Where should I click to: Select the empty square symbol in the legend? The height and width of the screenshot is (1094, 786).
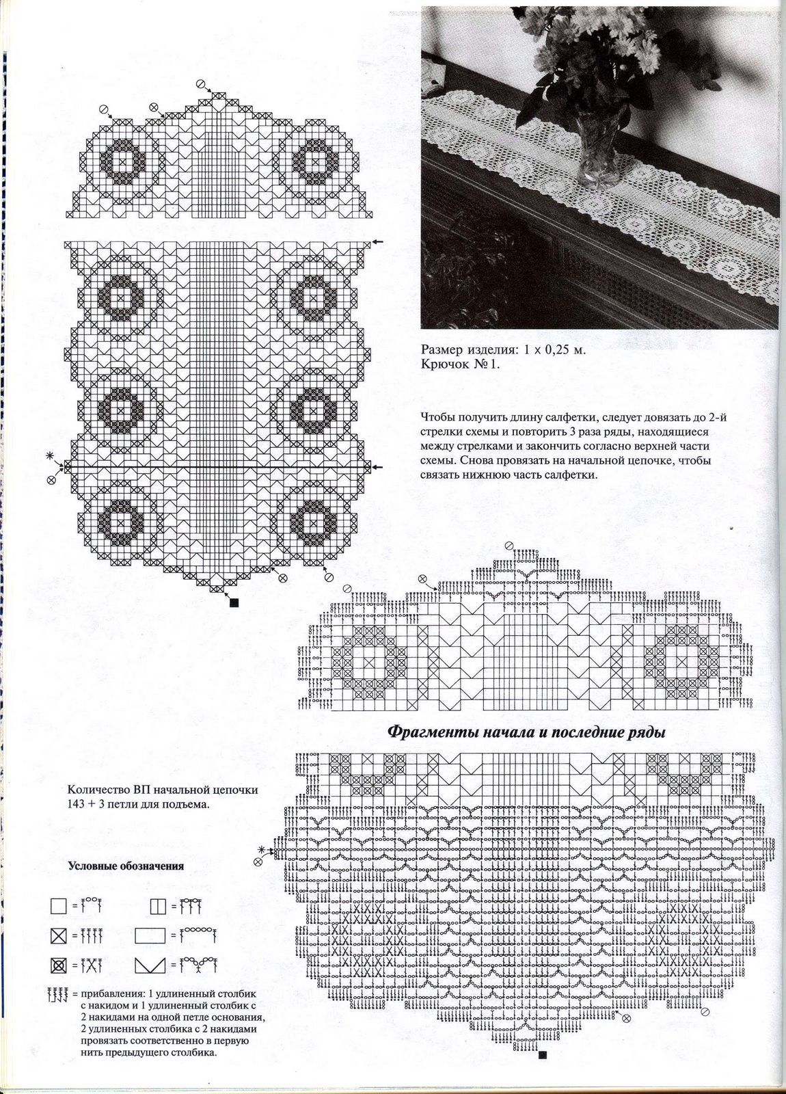click(58, 907)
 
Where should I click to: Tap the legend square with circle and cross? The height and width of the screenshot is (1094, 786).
click(58, 965)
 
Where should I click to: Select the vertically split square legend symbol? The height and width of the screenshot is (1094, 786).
click(157, 907)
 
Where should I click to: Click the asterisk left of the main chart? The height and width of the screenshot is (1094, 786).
click(49, 455)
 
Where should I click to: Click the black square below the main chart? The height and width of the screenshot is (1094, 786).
click(233, 602)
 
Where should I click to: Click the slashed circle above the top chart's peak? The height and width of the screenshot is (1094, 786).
click(200, 83)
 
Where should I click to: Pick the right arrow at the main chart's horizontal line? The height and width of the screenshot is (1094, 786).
click(378, 466)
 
